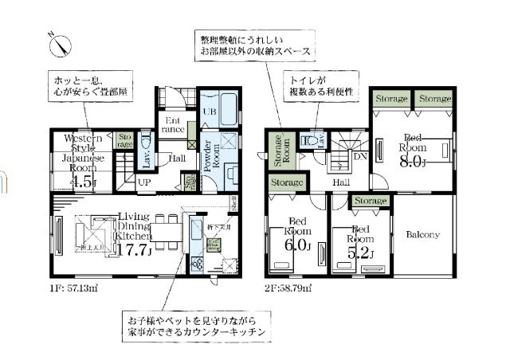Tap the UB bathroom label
point(210,112)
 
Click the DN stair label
point(360,156)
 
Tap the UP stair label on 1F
point(146,182)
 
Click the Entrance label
point(175,125)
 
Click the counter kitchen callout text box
point(194,325)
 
